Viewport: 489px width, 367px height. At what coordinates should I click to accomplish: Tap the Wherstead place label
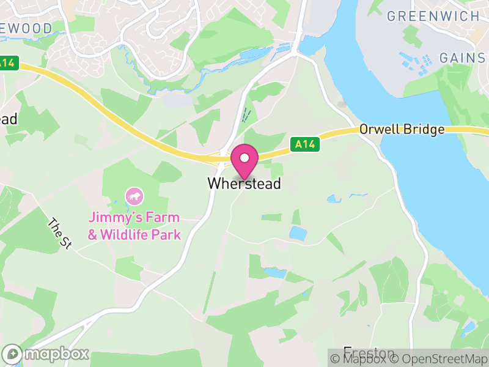[x=244, y=183]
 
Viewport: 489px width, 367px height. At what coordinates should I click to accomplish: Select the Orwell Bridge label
[x=402, y=130]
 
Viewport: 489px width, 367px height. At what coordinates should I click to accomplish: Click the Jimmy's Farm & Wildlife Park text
[x=134, y=226]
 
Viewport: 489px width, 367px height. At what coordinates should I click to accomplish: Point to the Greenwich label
[x=433, y=17]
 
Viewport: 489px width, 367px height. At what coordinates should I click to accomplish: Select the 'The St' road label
[x=60, y=234]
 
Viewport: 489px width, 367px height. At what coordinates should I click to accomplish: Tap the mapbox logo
[x=46, y=354]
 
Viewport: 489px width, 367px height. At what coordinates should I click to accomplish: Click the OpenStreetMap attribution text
[x=439, y=358]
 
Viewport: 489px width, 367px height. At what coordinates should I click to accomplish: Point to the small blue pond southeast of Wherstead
[x=297, y=233]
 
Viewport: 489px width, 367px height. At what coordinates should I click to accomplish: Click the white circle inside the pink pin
[x=244, y=158]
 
